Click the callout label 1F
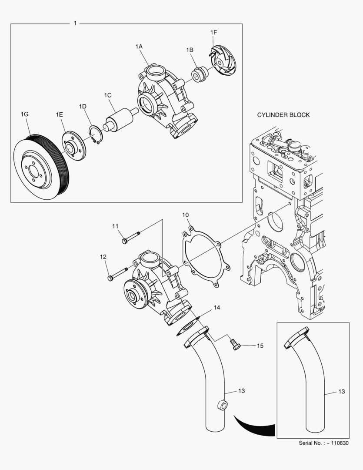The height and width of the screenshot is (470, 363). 213,32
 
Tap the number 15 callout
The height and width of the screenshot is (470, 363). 260,346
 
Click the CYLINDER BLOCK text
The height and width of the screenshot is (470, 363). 283,115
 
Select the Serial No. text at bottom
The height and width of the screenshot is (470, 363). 323,443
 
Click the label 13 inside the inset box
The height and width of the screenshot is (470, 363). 341,392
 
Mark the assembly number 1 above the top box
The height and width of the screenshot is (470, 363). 75,23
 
